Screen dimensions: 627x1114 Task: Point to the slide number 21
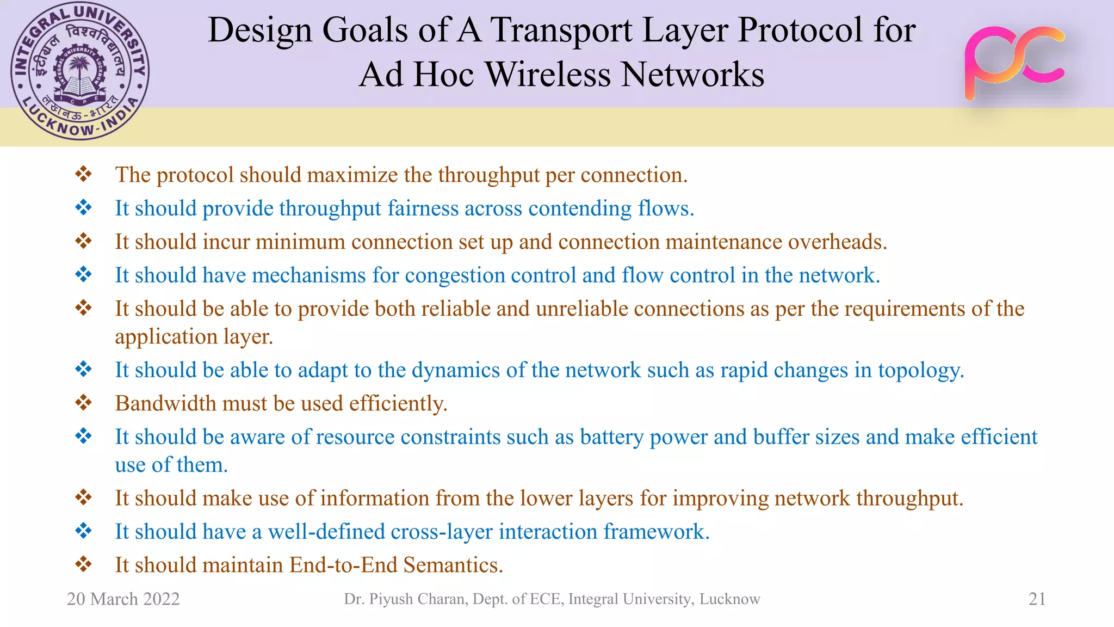[1037, 599]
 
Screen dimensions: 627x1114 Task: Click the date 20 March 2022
[123, 599]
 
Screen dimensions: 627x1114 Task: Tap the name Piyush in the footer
[393, 599]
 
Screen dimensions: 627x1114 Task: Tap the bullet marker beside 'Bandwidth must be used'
[83, 403]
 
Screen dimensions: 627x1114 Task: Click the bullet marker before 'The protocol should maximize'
[83, 175]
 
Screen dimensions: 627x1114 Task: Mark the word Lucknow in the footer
[729, 599]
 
